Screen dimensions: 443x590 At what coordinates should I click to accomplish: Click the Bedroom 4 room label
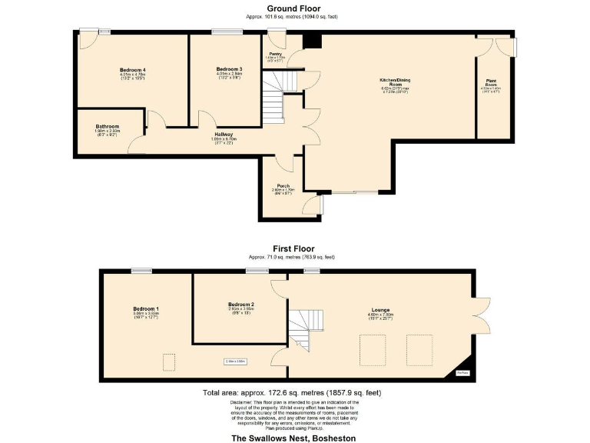133,70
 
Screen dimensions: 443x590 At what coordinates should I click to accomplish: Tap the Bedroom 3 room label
229,69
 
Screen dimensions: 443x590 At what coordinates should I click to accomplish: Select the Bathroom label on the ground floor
108,126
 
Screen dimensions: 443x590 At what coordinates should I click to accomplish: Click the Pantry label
275,54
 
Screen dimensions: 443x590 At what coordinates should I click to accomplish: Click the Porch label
283,185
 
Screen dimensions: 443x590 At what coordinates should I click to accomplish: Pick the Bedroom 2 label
240,305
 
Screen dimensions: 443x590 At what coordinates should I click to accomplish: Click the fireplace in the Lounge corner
462,371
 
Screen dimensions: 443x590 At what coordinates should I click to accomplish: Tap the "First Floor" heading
292,248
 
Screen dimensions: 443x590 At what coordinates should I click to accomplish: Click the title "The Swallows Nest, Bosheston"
293,437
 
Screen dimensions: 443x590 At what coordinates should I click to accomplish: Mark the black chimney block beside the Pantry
310,42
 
